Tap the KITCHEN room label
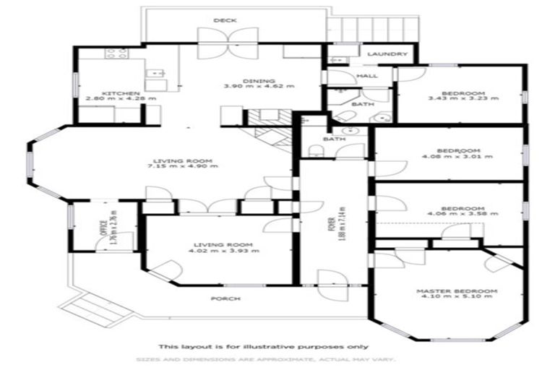tap(115, 92)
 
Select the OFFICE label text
tap(104, 226)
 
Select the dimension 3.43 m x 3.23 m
tap(462, 99)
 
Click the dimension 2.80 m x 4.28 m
tap(115, 99)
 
